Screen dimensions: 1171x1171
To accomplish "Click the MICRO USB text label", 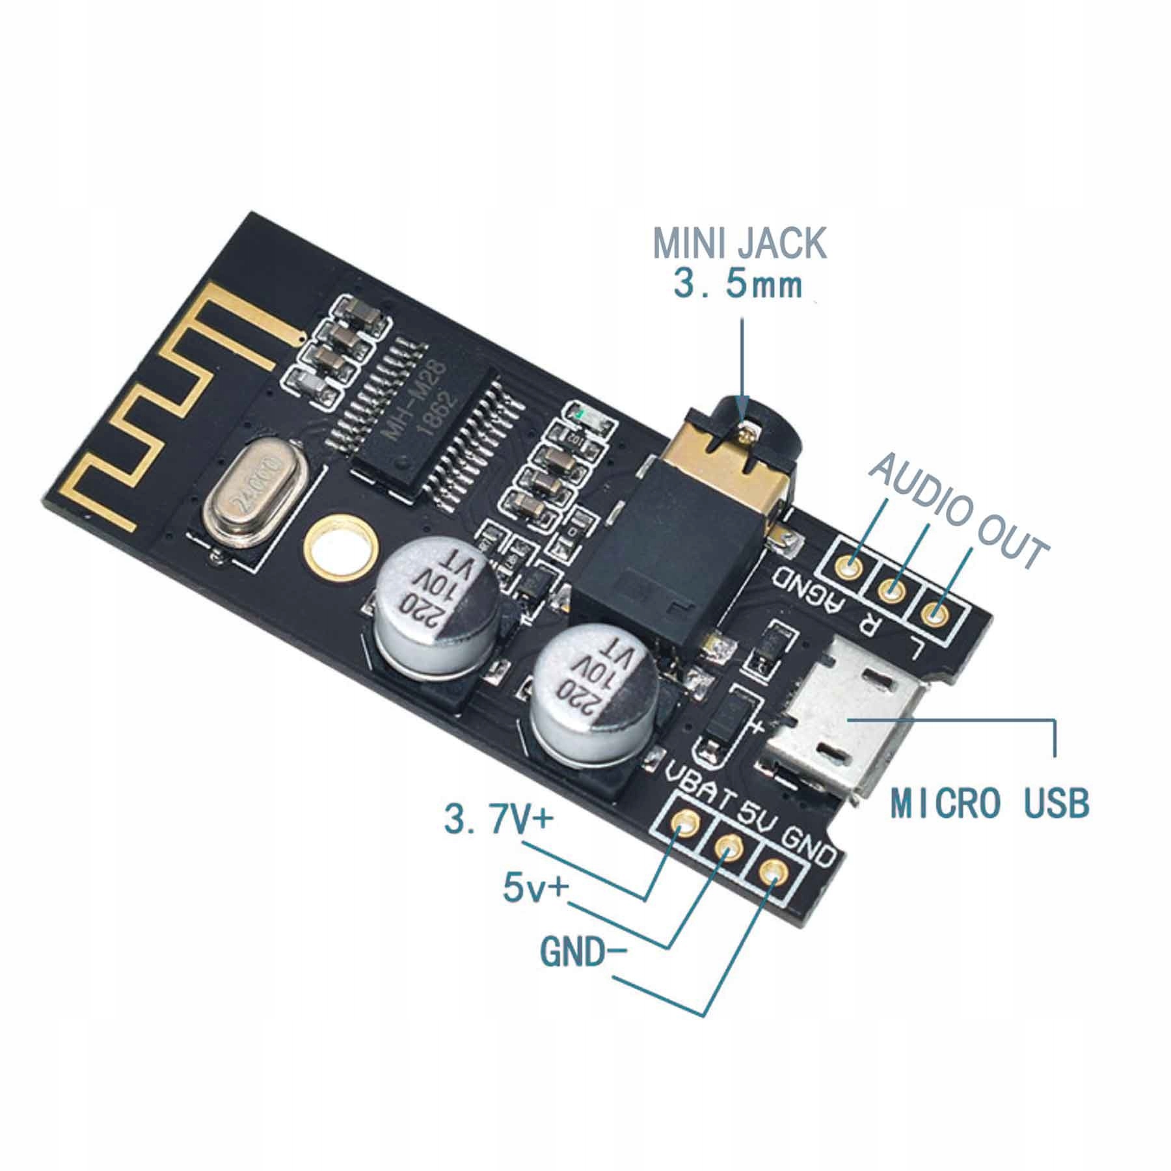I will [x=989, y=803].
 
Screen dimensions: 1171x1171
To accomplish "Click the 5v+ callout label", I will [x=534, y=889].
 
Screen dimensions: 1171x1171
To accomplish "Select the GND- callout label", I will [x=582, y=954].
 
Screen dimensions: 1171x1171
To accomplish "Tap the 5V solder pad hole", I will [x=728, y=848].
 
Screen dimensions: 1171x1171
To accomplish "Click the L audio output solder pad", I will [x=934, y=612].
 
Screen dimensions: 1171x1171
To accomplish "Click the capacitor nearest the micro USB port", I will [x=593, y=693].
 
